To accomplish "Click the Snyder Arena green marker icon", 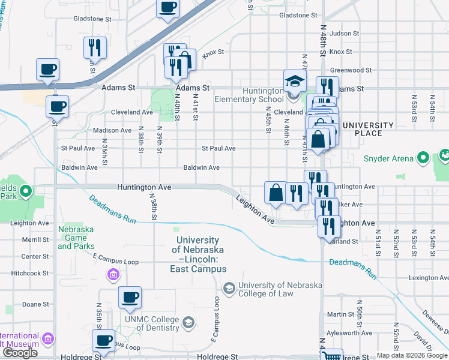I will click(x=423, y=159).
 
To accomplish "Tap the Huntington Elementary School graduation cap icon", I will click(x=295, y=80).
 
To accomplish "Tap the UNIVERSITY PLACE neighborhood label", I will click(x=367, y=130).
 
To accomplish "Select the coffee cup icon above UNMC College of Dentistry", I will click(x=130, y=297).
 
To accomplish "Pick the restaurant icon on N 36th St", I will click(x=95, y=46).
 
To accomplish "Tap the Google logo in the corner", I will click(x=20, y=353).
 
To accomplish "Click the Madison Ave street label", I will click(x=112, y=130).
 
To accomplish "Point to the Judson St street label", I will click(x=340, y=34).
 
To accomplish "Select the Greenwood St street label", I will click(x=348, y=70).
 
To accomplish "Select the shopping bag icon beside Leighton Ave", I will click(x=276, y=193).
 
